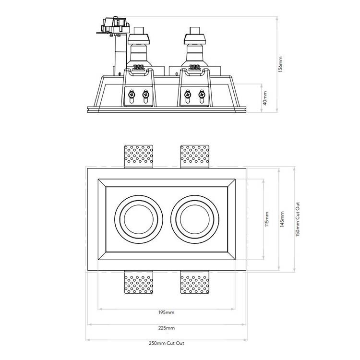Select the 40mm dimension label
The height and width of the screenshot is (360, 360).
[265, 99]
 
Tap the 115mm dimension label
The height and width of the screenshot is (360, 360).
[267, 219]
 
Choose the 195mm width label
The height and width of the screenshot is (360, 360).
[166, 312]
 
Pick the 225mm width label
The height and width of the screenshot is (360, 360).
[166, 328]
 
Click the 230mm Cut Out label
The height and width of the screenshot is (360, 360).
[166, 343]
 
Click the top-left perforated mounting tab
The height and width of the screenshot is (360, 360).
[139, 156]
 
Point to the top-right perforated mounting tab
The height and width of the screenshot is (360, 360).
[194, 156]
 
